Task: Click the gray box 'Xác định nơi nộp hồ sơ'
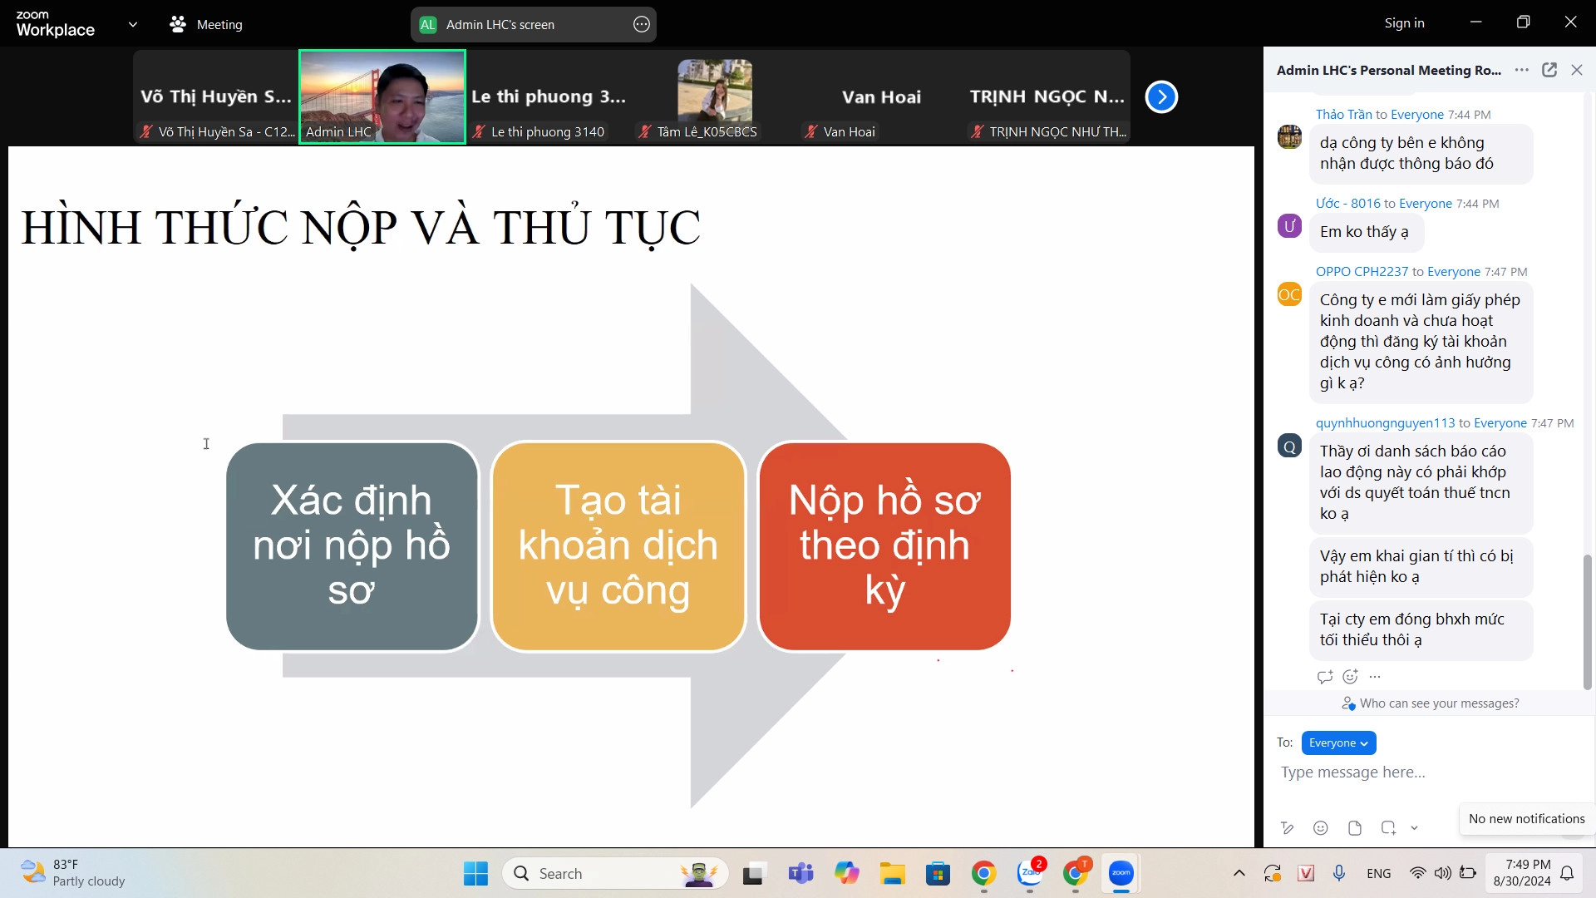(x=352, y=546)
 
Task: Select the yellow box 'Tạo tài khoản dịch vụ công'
(x=618, y=546)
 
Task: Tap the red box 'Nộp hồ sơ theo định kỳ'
(x=884, y=546)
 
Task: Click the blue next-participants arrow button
(x=1161, y=97)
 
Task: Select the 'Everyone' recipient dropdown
(x=1338, y=743)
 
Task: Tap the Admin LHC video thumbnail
(x=382, y=96)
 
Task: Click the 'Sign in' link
(x=1404, y=23)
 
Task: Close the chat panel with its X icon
(x=1577, y=70)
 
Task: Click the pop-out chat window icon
(x=1549, y=70)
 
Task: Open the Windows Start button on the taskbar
(x=475, y=873)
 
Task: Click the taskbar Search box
(x=615, y=873)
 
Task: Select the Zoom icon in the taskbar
(x=1121, y=873)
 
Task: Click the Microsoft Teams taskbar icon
(x=800, y=873)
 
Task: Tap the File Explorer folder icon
(x=893, y=873)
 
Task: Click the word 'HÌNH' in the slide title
(x=81, y=227)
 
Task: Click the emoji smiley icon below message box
(x=1320, y=827)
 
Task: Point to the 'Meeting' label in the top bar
(x=219, y=25)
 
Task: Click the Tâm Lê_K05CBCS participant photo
(x=715, y=90)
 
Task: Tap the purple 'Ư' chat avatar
(x=1289, y=225)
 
